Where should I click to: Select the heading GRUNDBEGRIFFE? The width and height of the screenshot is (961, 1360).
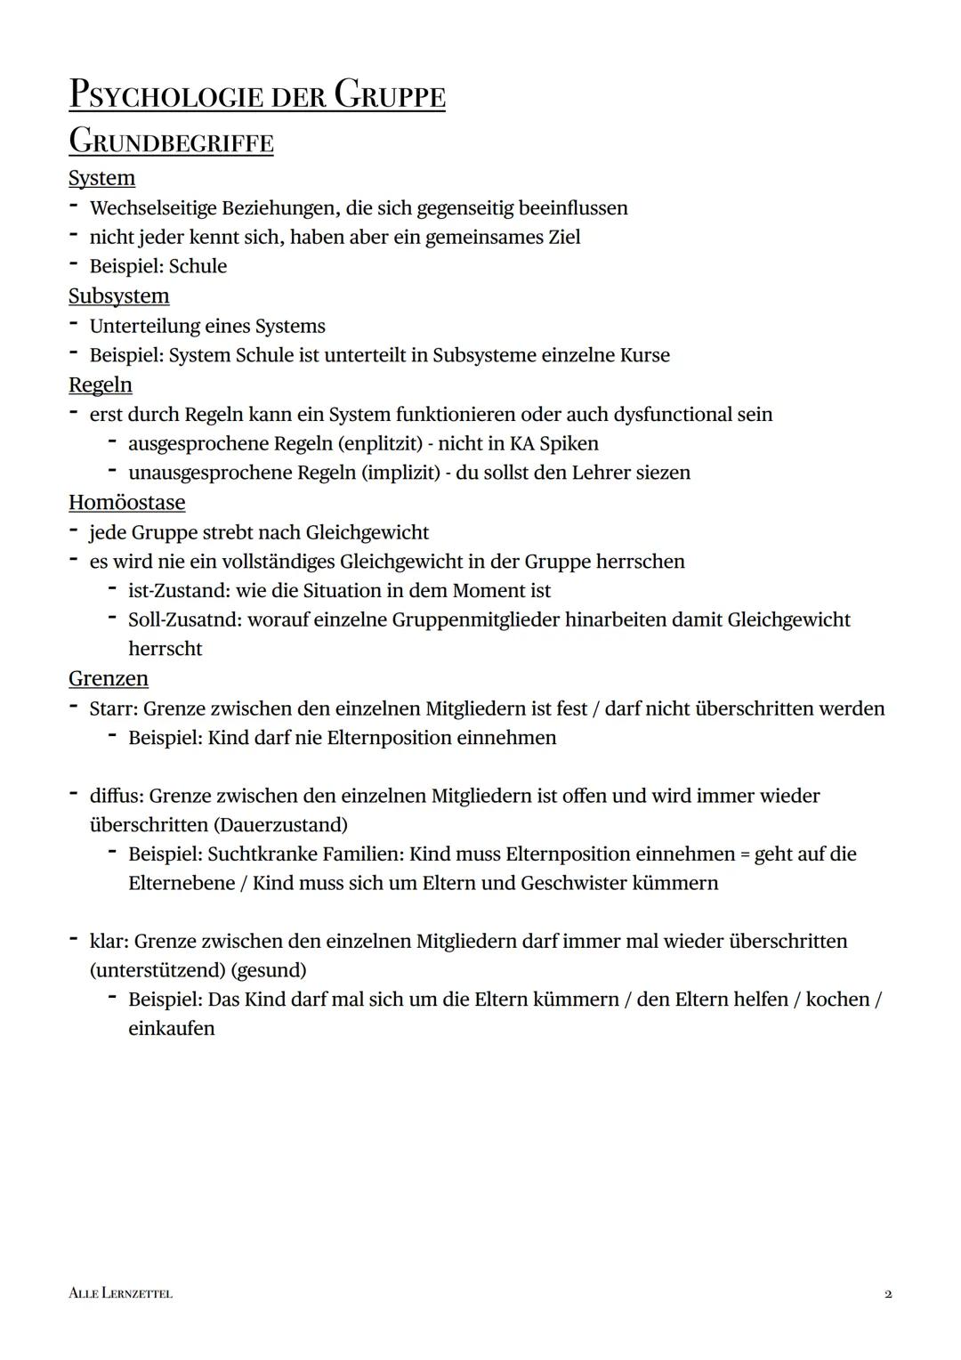[x=171, y=142]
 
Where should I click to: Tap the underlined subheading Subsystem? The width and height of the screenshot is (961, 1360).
[x=118, y=295]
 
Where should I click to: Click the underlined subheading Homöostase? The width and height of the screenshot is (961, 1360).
[x=126, y=502]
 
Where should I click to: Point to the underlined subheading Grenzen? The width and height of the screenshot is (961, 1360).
[x=108, y=678]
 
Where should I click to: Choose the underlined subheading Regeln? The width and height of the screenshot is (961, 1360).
[x=100, y=385]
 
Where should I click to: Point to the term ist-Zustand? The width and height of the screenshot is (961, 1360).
[x=178, y=590]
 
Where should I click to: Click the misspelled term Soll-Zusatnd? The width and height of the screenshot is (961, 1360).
[x=184, y=619]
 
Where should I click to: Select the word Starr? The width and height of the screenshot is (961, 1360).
[x=112, y=708]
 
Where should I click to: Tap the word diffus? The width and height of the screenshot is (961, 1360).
[x=115, y=796]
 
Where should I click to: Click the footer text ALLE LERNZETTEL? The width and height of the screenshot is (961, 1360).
[x=120, y=1293]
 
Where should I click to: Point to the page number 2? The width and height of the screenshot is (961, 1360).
[x=888, y=1293]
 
